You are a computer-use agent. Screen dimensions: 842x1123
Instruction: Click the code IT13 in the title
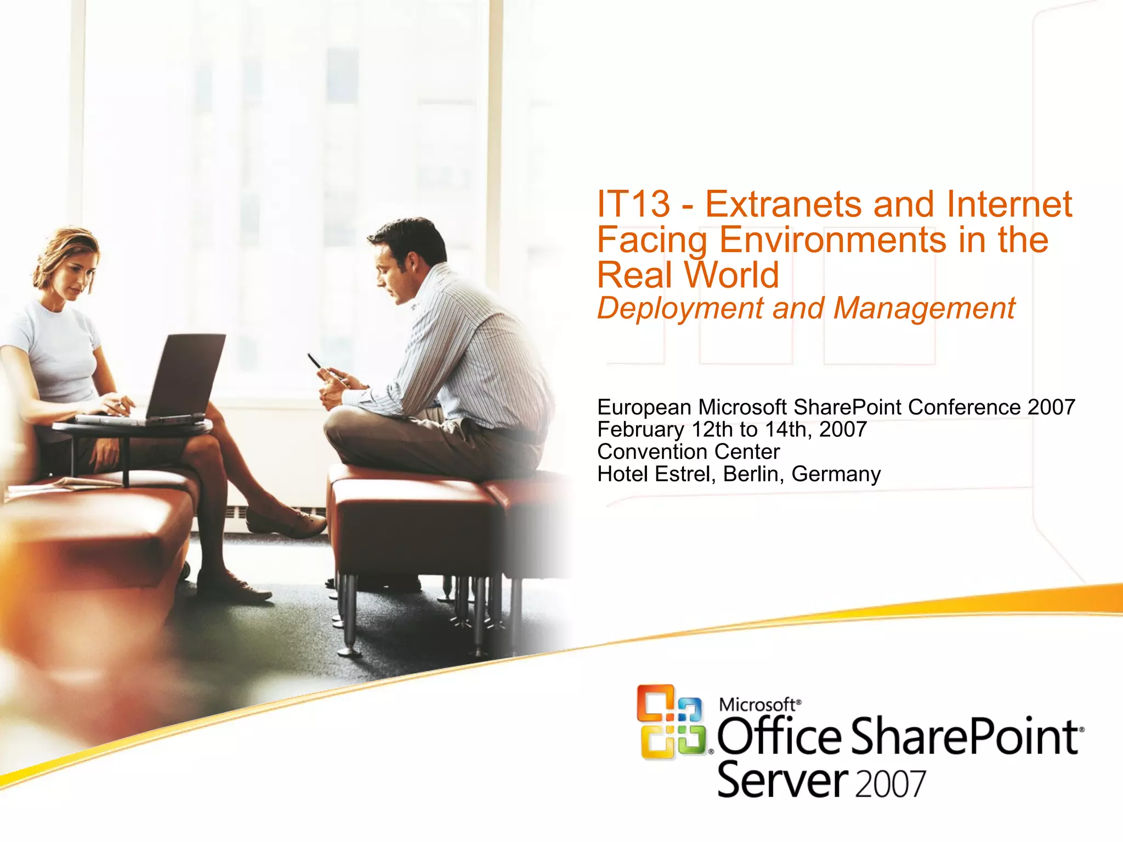point(633,204)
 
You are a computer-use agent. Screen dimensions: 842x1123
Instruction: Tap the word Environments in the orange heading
point(833,240)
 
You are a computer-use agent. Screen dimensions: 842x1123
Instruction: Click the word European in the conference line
point(644,408)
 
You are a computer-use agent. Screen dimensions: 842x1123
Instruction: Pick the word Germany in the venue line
point(836,474)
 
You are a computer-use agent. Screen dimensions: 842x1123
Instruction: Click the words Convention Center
point(688,452)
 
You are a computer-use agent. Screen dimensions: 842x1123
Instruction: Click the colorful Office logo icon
point(672,721)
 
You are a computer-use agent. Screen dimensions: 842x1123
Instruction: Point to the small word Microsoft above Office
point(757,704)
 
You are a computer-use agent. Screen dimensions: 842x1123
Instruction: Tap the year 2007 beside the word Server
point(890,784)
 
